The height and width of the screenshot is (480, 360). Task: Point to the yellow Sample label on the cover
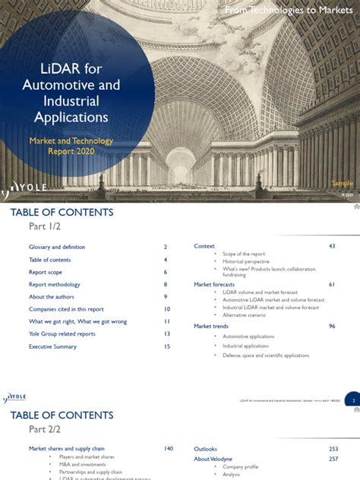coord(342,183)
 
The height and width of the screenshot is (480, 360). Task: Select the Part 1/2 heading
coord(46,227)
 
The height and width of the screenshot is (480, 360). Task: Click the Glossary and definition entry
coord(57,247)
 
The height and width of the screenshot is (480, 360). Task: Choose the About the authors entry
coord(52,297)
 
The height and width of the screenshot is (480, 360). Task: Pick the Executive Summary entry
coord(52,346)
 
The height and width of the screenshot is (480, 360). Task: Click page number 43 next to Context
coord(332,246)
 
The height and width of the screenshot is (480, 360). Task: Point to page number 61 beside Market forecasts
coord(332,284)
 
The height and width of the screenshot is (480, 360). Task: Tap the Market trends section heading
coord(211,326)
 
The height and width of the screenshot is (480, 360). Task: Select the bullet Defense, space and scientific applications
coord(266,355)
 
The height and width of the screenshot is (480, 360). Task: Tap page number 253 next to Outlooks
coord(333,449)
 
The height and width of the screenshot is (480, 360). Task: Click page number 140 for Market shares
coord(168,449)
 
